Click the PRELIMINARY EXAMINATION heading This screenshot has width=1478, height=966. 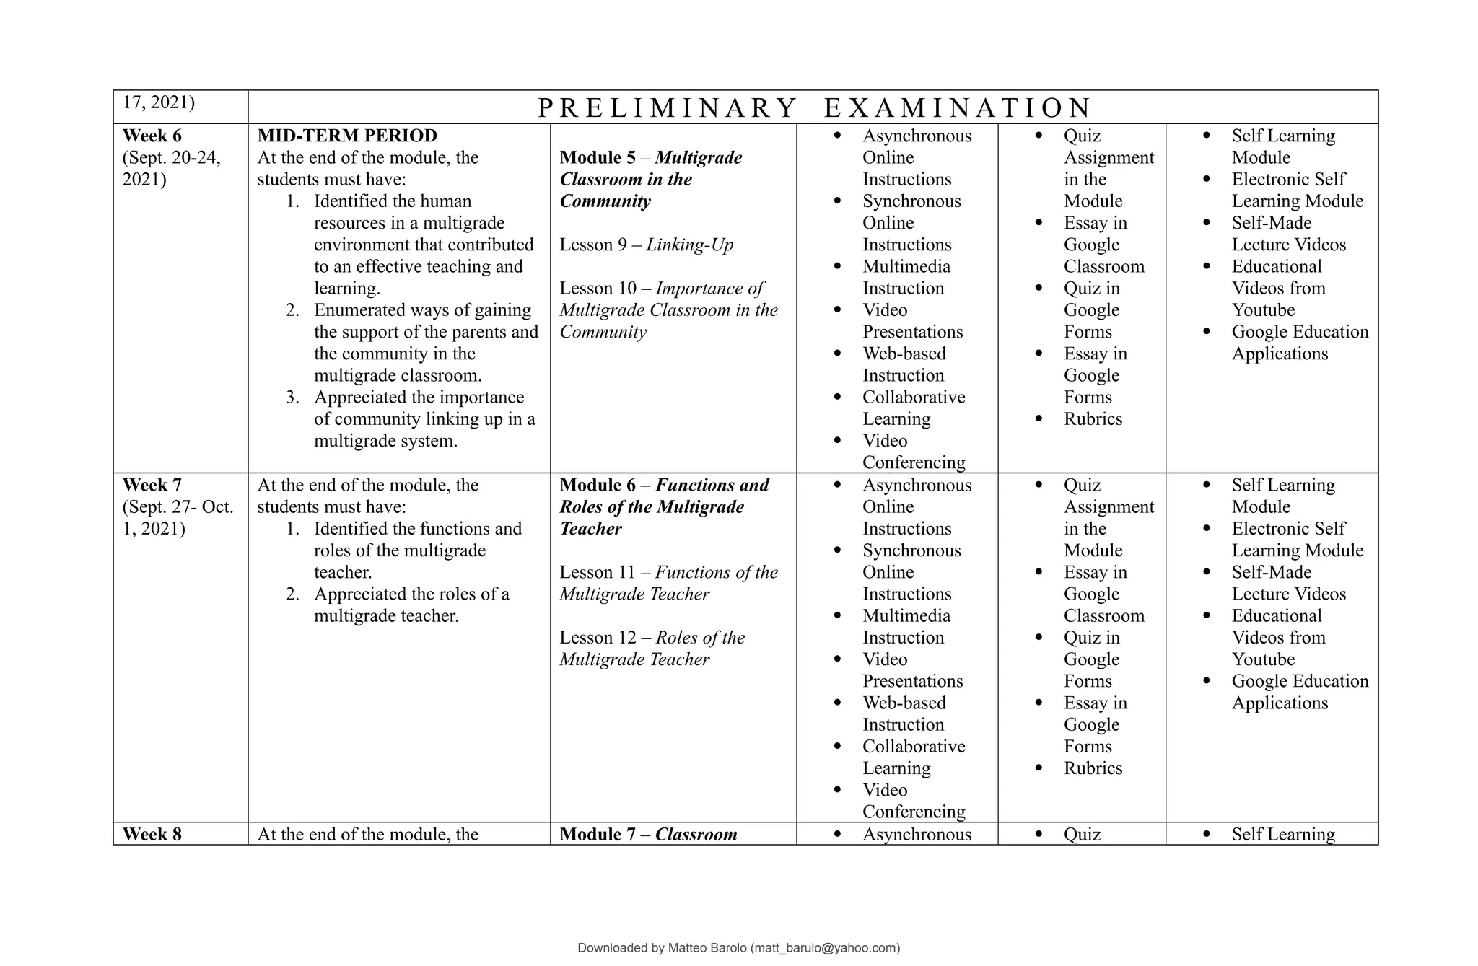[x=814, y=108]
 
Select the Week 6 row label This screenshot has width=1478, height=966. [x=152, y=136]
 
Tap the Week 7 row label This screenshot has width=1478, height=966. [x=152, y=485]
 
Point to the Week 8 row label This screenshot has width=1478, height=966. [x=152, y=834]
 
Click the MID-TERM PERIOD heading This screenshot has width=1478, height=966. [x=347, y=136]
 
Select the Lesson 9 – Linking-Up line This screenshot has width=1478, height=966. [x=646, y=245]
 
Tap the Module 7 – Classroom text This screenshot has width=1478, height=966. [x=648, y=834]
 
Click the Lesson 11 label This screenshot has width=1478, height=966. [x=597, y=572]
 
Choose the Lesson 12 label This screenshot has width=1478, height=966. [x=597, y=638]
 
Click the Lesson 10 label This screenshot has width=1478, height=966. [x=597, y=289]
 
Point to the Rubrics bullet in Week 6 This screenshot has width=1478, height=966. [x=1093, y=419]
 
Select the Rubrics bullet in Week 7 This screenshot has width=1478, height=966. [x=1093, y=768]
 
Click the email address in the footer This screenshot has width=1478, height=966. [x=825, y=948]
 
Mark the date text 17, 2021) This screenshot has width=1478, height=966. [x=159, y=102]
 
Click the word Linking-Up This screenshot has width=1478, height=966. [x=689, y=245]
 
